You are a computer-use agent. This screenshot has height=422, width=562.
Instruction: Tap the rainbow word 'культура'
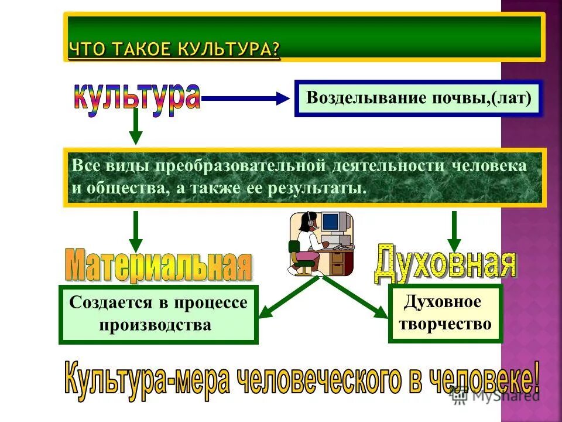click(x=137, y=98)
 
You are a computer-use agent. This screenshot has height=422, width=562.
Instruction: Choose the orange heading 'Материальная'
click(x=158, y=267)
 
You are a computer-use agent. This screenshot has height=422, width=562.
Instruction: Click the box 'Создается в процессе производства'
click(x=158, y=314)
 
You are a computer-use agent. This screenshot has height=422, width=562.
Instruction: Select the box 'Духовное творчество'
click(x=445, y=313)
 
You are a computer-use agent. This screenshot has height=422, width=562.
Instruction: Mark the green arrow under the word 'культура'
click(x=136, y=125)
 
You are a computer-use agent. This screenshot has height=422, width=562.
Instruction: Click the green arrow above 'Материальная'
click(x=136, y=232)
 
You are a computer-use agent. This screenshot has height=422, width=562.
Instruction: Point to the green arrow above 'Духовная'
click(x=454, y=230)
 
